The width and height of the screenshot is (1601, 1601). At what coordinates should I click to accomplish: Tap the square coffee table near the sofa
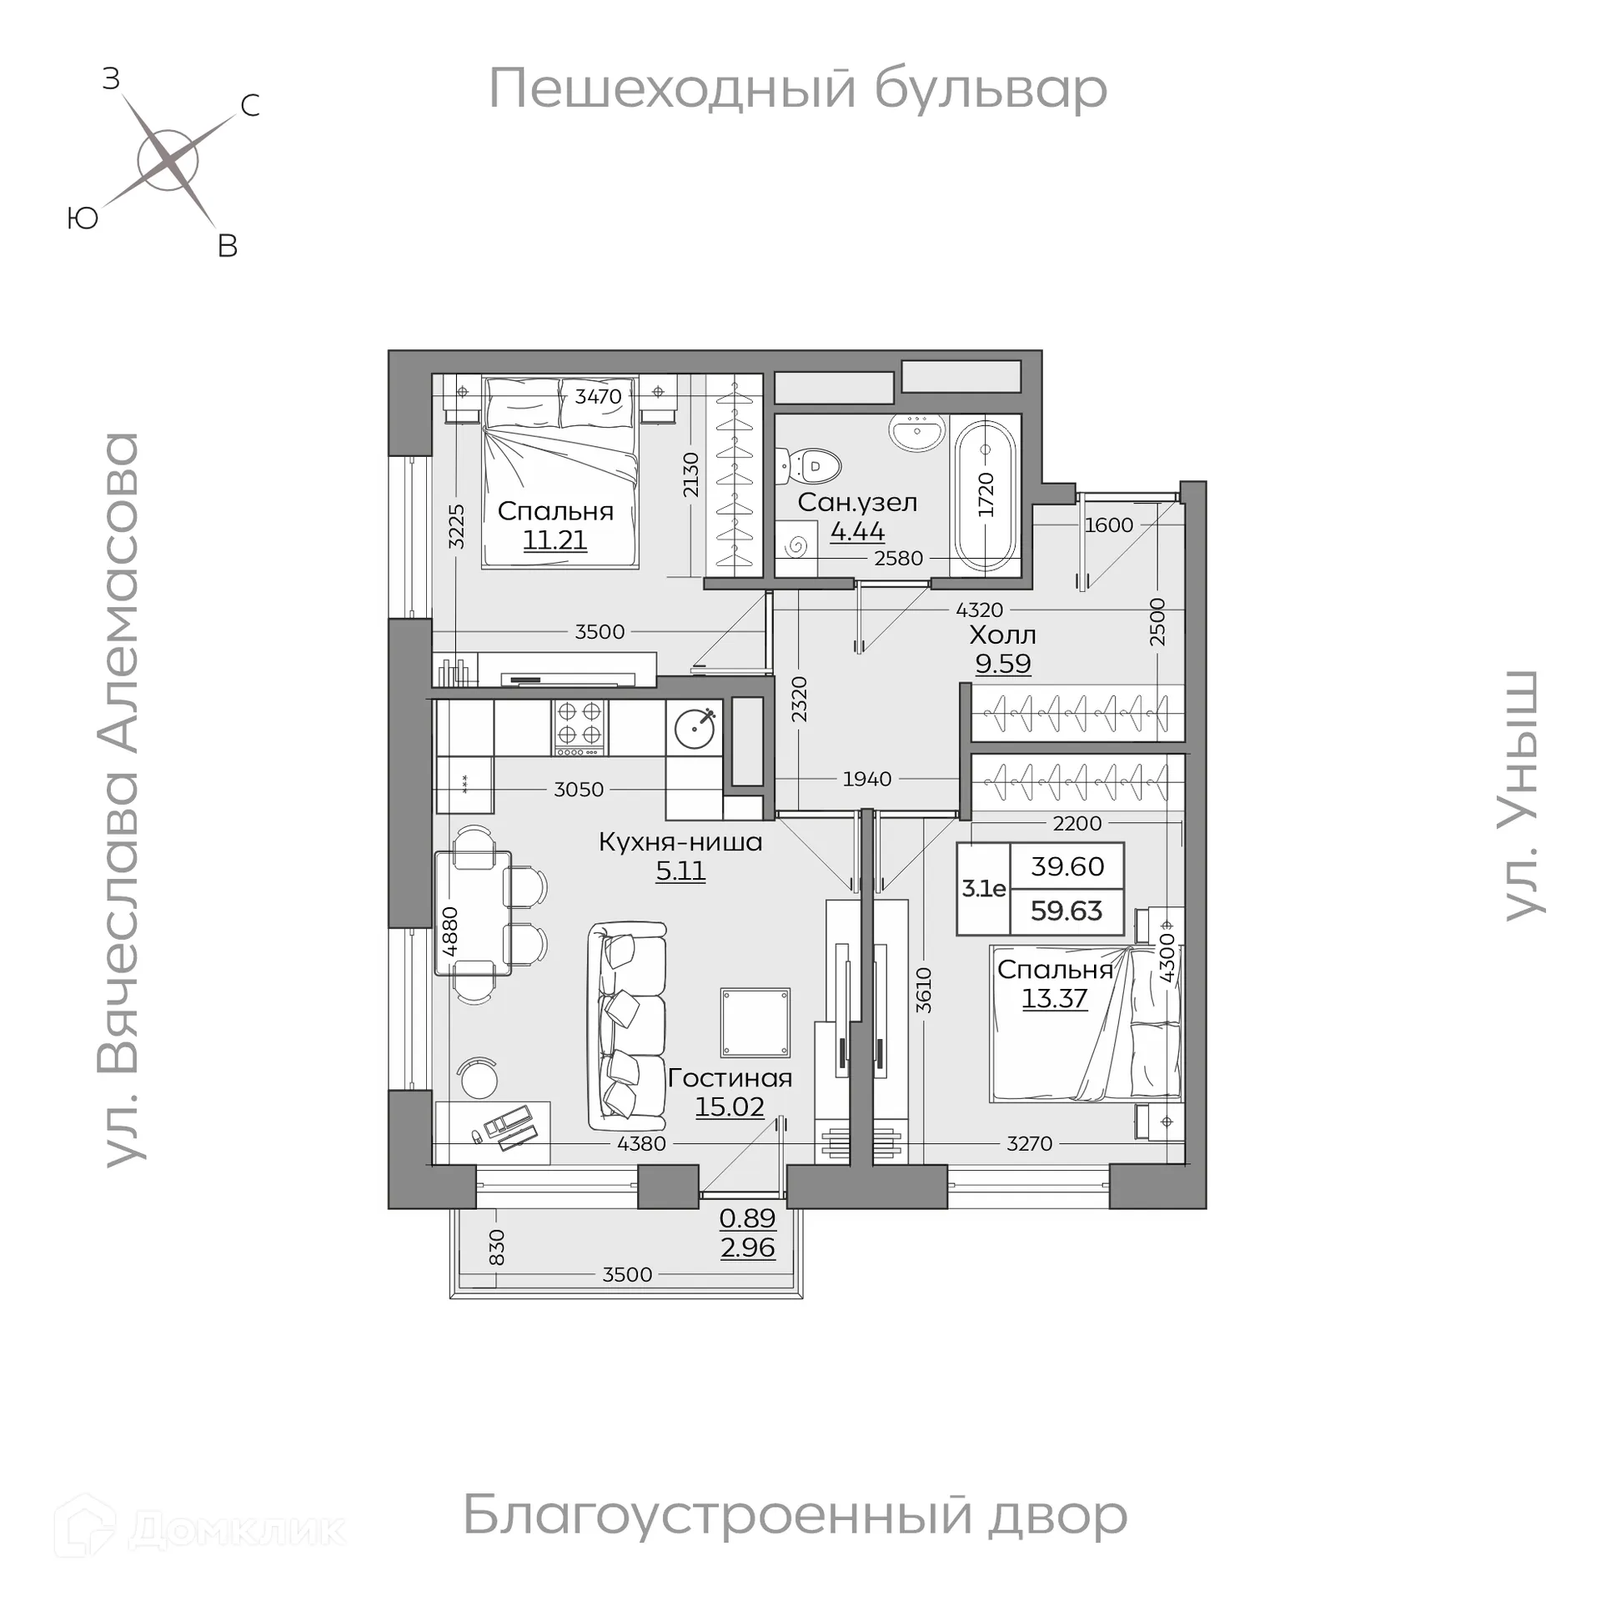click(x=755, y=1022)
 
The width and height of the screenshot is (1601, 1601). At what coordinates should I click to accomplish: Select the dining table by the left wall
click(x=473, y=912)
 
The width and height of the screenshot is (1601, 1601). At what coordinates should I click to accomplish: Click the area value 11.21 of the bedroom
click(x=555, y=540)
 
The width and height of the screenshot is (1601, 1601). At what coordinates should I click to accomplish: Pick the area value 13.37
click(x=1054, y=998)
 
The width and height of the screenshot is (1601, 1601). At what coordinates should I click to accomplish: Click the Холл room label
click(x=1002, y=635)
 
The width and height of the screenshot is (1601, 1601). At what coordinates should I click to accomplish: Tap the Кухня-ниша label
click(x=680, y=842)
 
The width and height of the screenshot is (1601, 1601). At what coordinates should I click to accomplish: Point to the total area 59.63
click(x=1066, y=911)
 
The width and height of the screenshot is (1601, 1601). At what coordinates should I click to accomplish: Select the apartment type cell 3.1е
click(x=984, y=889)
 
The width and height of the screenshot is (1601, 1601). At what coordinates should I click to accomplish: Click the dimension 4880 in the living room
click(x=450, y=931)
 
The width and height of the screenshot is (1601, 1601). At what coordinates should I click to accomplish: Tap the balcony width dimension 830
click(x=496, y=1247)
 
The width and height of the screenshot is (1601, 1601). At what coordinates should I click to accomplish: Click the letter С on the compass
click(x=249, y=106)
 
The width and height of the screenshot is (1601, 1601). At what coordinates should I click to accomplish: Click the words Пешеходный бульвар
click(x=797, y=89)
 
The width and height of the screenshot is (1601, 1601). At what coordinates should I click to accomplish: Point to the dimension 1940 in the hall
click(x=867, y=779)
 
